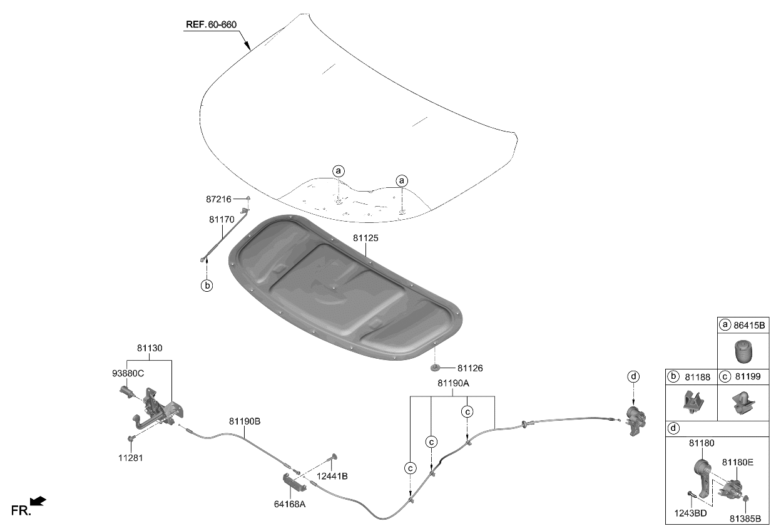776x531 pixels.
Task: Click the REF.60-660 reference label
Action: pos(211,26)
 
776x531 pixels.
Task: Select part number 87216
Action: pos(218,199)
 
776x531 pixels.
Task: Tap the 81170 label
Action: pos(222,220)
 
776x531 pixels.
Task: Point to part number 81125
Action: pos(365,239)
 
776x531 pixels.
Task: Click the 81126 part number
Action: pos(470,369)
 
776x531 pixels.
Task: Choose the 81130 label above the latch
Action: pos(149,348)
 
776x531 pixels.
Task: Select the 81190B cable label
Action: pos(244,421)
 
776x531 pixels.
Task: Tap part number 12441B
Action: pos(332,476)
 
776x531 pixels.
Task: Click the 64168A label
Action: pos(290,503)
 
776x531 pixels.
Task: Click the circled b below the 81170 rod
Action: pos(207,286)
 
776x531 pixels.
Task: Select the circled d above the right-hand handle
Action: pos(634,376)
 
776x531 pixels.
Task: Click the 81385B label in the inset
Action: pos(745,518)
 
